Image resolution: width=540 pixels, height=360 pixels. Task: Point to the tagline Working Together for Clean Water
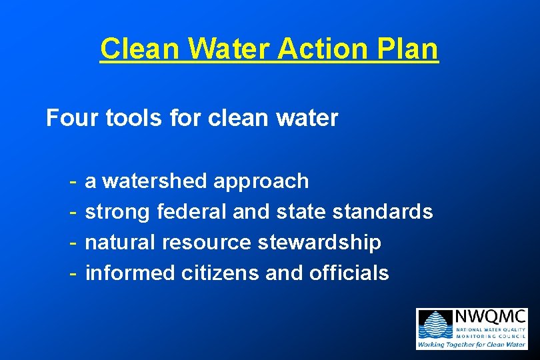coord(471,344)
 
